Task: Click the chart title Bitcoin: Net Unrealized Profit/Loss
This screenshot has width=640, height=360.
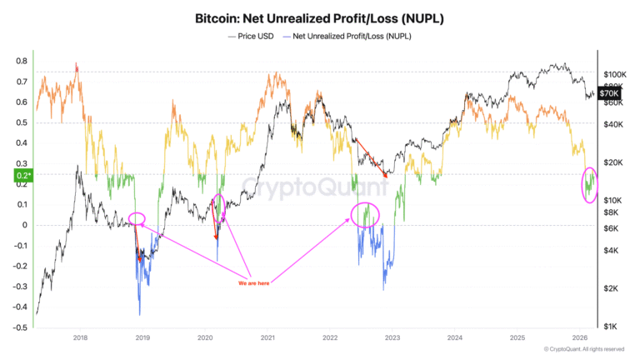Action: tap(320, 17)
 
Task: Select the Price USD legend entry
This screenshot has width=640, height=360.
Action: tap(252, 36)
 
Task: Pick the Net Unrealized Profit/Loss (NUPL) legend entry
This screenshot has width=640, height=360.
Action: tap(353, 36)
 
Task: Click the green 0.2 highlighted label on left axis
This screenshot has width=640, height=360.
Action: tap(21, 175)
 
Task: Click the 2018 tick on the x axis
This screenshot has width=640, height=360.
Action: tap(81, 338)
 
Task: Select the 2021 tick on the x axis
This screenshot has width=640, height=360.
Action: tap(267, 338)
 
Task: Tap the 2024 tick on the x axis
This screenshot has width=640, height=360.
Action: tap(454, 338)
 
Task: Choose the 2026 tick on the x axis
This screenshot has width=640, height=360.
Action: tap(578, 338)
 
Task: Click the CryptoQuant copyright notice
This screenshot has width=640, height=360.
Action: tap(583, 350)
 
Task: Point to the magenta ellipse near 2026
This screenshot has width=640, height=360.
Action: tap(591, 185)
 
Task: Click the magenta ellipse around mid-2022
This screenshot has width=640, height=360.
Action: tap(364, 216)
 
